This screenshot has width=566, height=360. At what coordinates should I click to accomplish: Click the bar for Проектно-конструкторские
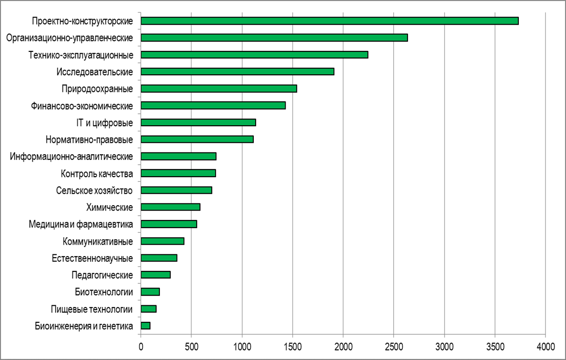click(x=329, y=21)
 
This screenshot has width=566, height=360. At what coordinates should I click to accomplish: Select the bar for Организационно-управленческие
click(x=274, y=38)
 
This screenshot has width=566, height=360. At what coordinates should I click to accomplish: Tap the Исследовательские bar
click(x=238, y=71)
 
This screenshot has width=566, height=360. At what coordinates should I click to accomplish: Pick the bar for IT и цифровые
click(x=198, y=122)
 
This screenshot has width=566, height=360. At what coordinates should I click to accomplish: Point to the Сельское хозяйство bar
click(x=176, y=190)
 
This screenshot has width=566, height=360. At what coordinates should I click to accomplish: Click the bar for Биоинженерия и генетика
click(x=146, y=326)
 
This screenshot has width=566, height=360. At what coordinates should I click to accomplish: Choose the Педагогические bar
click(x=156, y=275)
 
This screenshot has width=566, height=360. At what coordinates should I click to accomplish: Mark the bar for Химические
click(x=170, y=207)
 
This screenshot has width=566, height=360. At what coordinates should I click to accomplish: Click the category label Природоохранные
click(x=97, y=89)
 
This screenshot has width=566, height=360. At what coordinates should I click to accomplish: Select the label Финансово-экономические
click(x=82, y=106)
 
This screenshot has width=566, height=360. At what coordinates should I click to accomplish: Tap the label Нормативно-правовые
click(x=89, y=140)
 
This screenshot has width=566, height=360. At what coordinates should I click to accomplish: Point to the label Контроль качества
click(x=97, y=174)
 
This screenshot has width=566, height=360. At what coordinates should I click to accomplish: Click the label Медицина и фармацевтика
click(x=81, y=224)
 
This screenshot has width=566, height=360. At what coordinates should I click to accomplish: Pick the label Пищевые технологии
click(x=92, y=309)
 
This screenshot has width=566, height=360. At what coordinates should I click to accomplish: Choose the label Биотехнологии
click(x=104, y=292)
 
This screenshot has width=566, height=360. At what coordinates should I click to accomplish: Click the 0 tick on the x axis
click(x=141, y=347)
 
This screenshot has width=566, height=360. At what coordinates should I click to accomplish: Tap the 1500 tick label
click(x=293, y=347)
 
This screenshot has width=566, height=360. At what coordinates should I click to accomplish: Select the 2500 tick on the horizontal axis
click(x=394, y=347)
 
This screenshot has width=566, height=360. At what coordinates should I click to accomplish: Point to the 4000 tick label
click(x=546, y=347)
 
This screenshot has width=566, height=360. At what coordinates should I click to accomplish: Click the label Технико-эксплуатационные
click(x=81, y=55)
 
